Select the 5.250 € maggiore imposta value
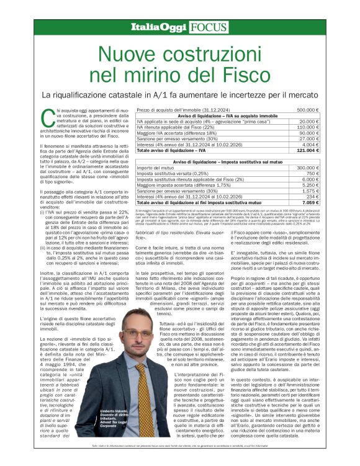[x=312, y=185]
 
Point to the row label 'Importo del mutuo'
[x=155, y=168]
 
